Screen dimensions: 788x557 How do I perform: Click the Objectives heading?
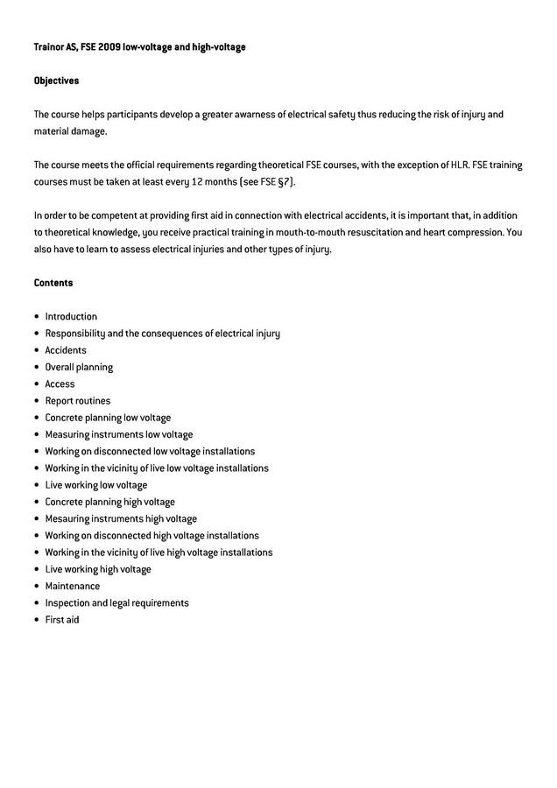coord(56,81)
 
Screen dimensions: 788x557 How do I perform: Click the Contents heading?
coord(53,283)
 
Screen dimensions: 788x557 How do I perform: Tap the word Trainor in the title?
coord(49,46)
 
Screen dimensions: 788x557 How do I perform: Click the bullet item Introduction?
coord(71,317)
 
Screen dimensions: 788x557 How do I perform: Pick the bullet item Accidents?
coord(66,350)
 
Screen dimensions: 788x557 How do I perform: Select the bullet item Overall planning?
coord(79,367)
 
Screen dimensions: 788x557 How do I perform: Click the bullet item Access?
coord(60,383)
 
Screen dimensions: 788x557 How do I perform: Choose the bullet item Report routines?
coord(78,401)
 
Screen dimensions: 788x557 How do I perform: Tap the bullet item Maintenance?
coord(73,586)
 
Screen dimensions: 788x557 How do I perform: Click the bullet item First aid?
coord(62,620)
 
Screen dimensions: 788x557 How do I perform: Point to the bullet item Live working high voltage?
coord(98,569)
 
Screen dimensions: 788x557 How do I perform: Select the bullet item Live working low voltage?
coord(96,485)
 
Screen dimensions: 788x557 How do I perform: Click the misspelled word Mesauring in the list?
coord(67,518)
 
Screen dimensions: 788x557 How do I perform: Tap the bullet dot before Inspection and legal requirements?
coord(37,603)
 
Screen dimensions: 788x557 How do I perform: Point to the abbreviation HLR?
coord(459,165)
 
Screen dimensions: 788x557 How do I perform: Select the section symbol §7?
coord(286,182)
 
